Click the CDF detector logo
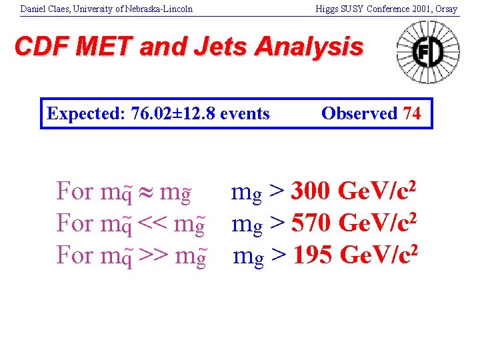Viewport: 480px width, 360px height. pos(428,52)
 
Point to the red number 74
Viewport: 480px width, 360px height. pos(411,113)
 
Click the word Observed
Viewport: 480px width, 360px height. pos(359,113)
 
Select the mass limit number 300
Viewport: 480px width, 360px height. pos(312,191)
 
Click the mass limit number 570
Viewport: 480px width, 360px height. pos(313,223)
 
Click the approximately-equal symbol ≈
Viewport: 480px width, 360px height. pos(146,192)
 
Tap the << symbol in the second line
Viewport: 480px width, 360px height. pos(152,223)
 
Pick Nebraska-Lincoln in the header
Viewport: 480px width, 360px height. pos(161,9)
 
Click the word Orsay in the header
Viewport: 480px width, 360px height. pos(446,9)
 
